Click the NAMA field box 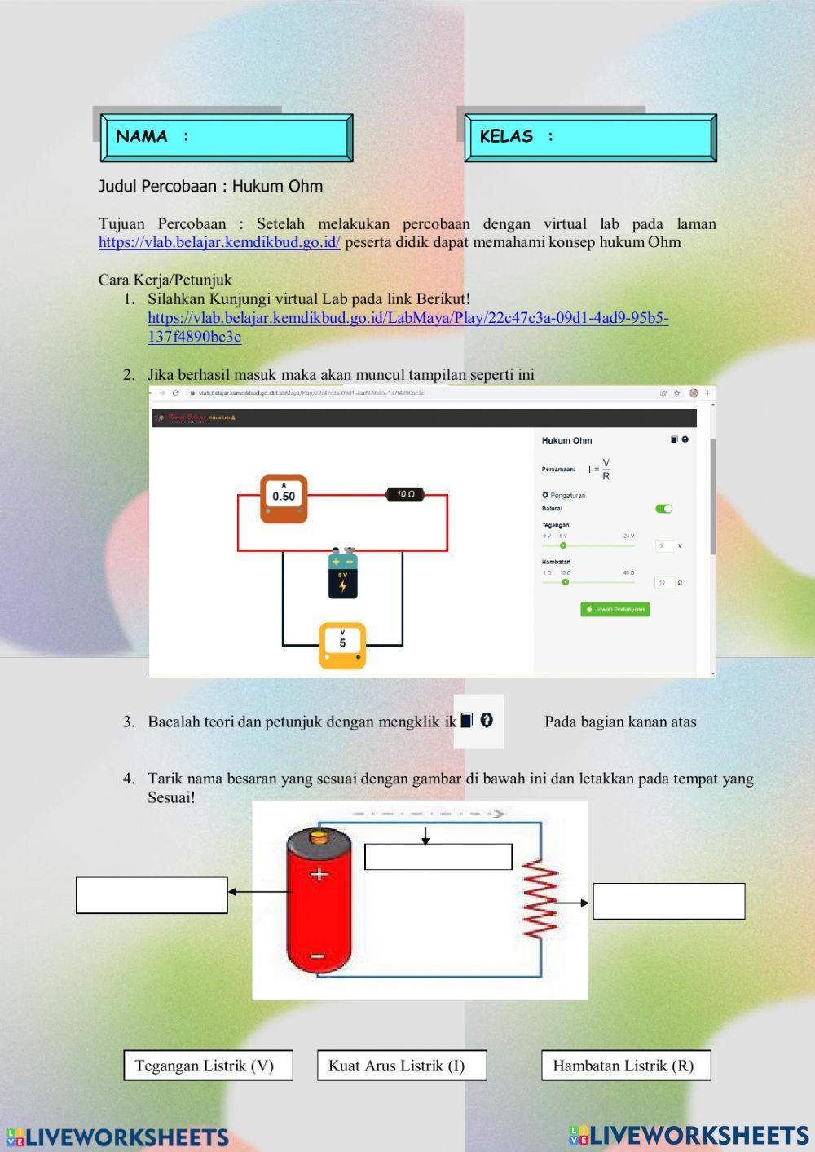[x=227, y=137]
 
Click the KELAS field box [x=590, y=137]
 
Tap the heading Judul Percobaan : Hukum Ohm [x=210, y=186]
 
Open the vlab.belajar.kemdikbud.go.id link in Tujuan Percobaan [x=219, y=242]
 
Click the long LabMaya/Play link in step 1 [x=407, y=318]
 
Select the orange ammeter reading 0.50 [x=284, y=497]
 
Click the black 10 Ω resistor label [x=405, y=494]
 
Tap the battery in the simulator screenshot [x=342, y=574]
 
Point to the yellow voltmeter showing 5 [x=342, y=645]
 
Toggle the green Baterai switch [x=663, y=509]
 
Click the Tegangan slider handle [x=563, y=545]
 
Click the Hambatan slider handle [x=565, y=582]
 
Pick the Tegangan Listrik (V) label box [x=208, y=1066]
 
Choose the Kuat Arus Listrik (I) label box [x=402, y=1066]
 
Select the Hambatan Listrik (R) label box [x=626, y=1066]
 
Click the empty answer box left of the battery [x=152, y=895]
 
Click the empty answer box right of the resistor [x=668, y=902]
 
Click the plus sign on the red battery [x=319, y=874]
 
